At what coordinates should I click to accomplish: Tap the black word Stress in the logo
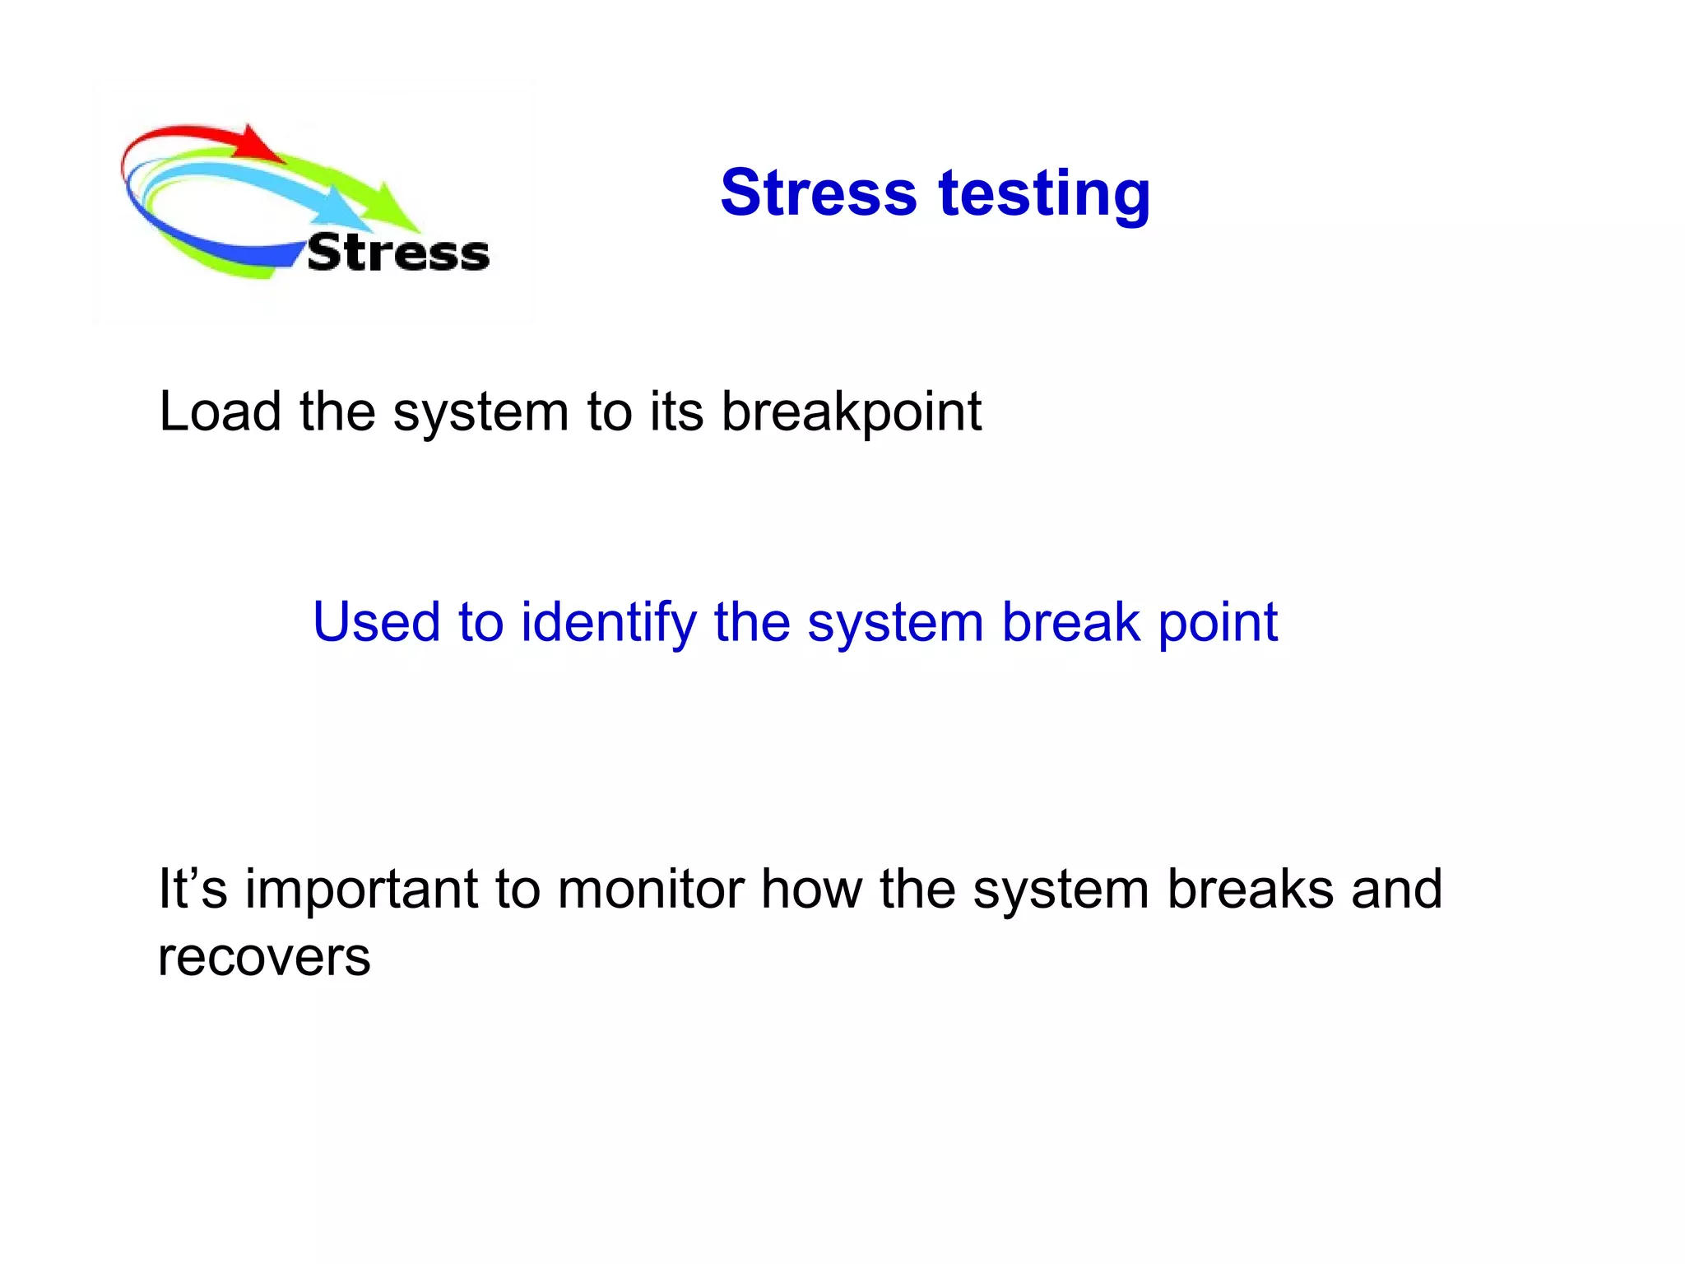pyautogui.click(x=398, y=253)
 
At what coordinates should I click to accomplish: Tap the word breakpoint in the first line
pyautogui.click(x=851, y=412)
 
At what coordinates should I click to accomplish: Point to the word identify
pyautogui.click(x=608, y=623)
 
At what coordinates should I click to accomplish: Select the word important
pyautogui.click(x=361, y=890)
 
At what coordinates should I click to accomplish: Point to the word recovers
pyautogui.click(x=264, y=957)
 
